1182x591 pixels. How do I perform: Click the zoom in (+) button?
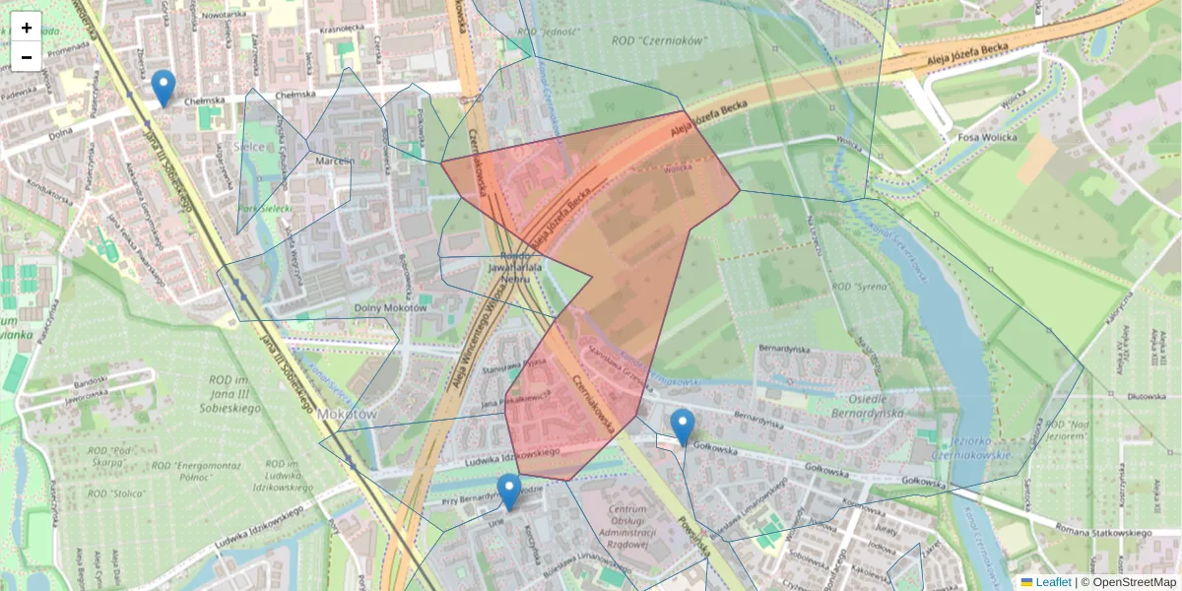27,28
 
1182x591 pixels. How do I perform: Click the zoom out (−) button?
27,57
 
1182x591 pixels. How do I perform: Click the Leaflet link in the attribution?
1052,582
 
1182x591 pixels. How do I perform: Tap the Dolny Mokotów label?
389,307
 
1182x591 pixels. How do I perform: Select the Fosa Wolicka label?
988,137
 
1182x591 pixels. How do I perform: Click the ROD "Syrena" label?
861,287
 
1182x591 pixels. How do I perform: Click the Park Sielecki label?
263,209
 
